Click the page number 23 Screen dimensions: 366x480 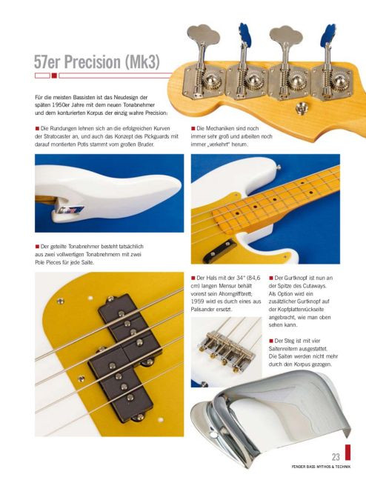336,457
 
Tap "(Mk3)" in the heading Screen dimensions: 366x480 142,63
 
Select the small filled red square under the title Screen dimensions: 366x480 54,76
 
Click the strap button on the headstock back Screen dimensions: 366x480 301,107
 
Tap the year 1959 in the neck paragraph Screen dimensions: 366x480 197,301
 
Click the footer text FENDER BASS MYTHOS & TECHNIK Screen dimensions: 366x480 321,467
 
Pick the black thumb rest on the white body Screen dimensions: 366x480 219,251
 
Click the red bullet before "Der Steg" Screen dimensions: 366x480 270,341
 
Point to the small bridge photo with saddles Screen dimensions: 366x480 226,352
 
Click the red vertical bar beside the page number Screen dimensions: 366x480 347,452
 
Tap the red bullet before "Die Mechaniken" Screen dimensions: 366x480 193,128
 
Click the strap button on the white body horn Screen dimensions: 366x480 278,167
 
